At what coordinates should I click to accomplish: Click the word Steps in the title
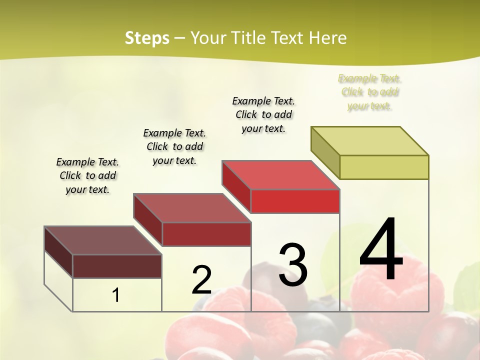[147, 38]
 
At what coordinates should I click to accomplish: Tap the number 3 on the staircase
[293, 265]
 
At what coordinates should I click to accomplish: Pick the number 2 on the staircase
[201, 280]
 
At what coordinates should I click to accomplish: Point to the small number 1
[116, 295]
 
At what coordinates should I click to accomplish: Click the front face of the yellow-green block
[384, 167]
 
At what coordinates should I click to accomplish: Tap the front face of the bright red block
[295, 201]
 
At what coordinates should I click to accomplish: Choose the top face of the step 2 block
[192, 207]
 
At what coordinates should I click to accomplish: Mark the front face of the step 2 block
[206, 234]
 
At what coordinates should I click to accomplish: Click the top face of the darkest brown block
[103, 240]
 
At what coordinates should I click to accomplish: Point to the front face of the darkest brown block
[117, 266]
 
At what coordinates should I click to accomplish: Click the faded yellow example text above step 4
[369, 92]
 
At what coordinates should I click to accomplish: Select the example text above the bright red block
[263, 114]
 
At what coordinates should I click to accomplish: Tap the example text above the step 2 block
[174, 146]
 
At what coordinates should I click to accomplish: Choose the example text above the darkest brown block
[87, 175]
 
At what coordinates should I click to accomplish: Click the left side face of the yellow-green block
[325, 152]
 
